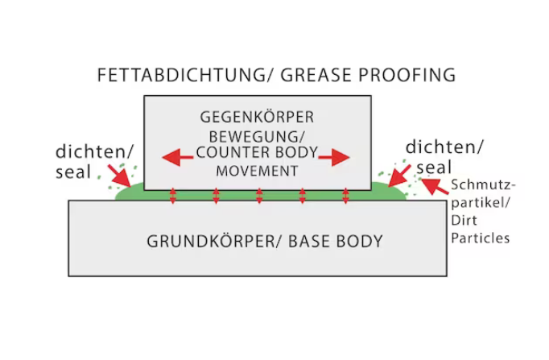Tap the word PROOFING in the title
click(409, 76)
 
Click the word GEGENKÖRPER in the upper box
click(257, 118)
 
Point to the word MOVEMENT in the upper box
click(257, 171)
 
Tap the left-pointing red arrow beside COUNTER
click(176, 157)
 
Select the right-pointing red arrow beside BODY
click(335, 157)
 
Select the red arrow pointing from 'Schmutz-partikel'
click(435, 187)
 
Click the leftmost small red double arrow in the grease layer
click(172, 196)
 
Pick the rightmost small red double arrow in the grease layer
click(345, 196)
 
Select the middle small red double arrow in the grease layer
click(259, 196)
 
